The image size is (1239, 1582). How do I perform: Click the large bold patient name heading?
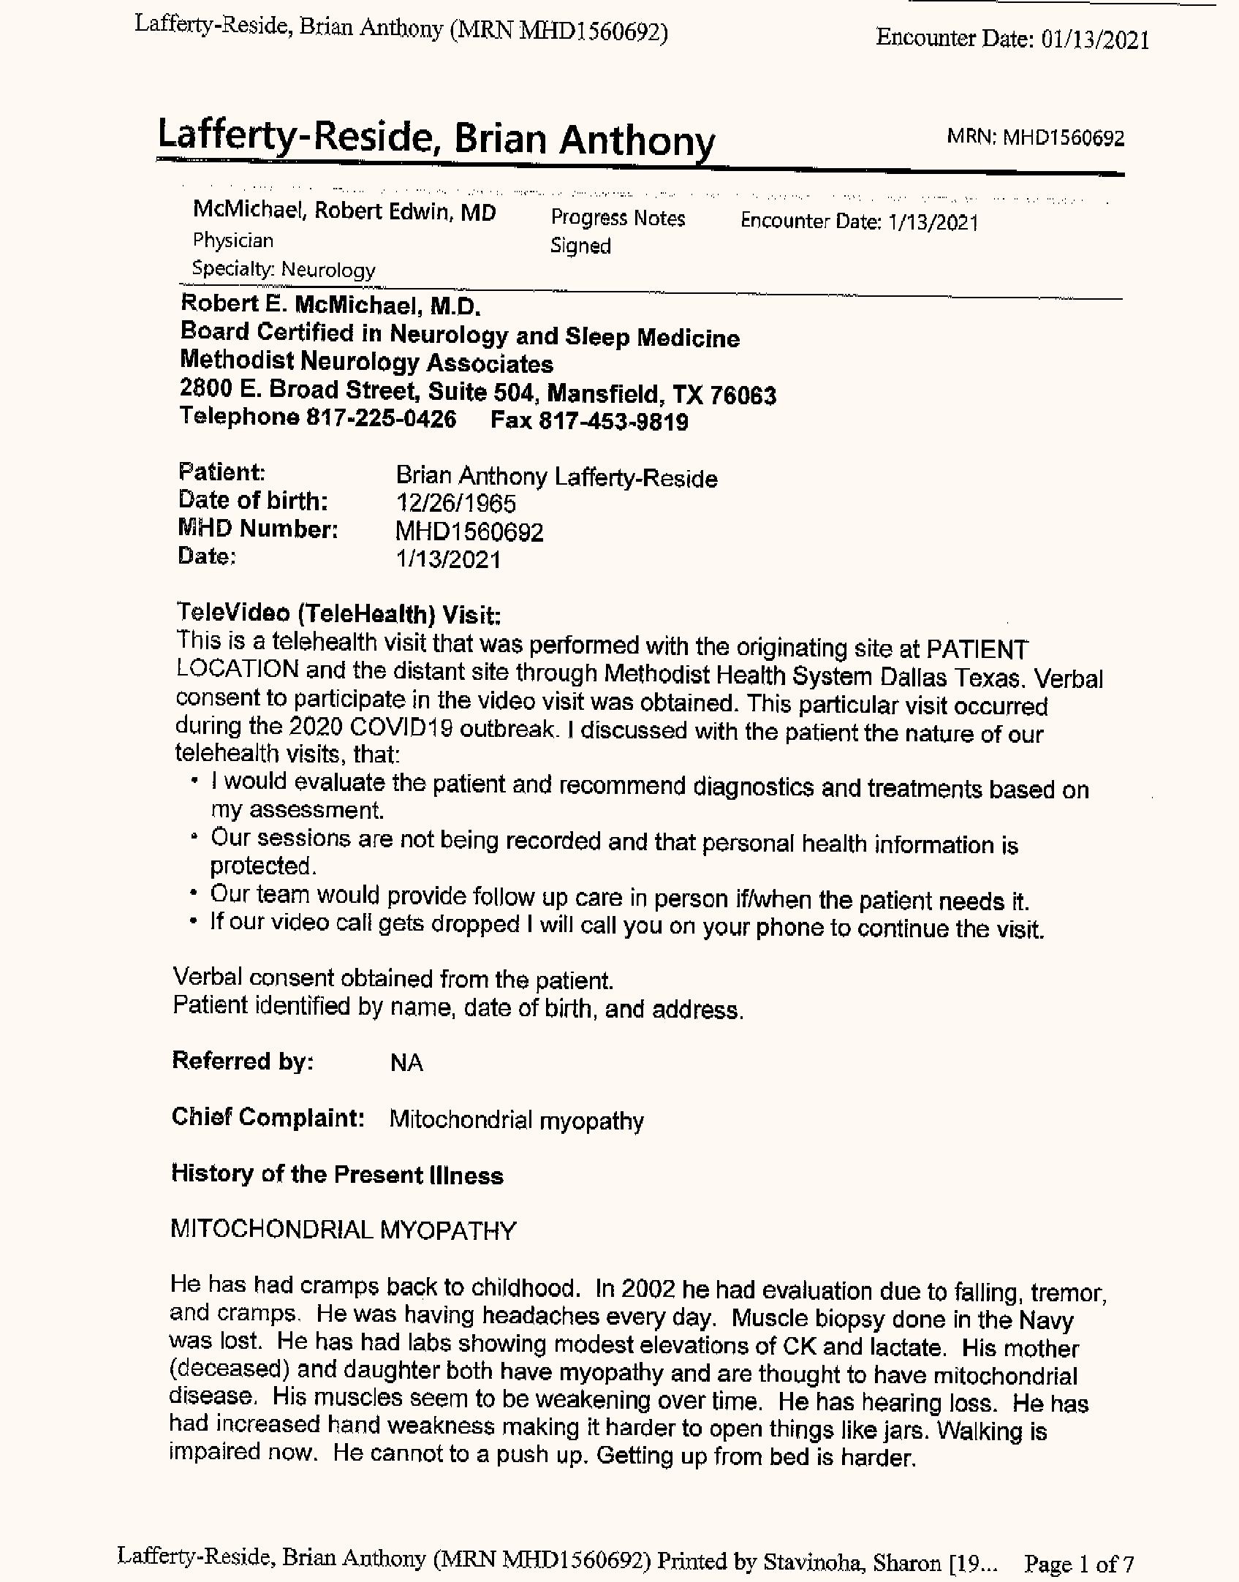click(x=436, y=139)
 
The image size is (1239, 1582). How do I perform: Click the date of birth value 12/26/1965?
click(x=455, y=504)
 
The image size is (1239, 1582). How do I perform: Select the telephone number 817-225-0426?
click(x=381, y=419)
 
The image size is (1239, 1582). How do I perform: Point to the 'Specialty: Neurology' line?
click(x=284, y=270)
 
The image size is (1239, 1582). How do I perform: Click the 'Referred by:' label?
click(x=243, y=1061)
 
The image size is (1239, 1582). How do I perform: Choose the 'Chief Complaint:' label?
click(x=268, y=1117)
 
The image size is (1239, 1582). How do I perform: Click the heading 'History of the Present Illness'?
click(x=337, y=1174)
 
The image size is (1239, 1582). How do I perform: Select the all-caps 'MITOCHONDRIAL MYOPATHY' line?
click(x=343, y=1230)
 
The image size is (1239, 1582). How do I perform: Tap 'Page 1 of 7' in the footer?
click(x=1078, y=1563)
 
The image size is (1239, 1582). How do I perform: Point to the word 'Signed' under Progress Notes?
click(x=580, y=246)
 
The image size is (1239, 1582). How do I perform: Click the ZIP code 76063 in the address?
click(x=743, y=395)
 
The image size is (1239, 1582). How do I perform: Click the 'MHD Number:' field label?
click(x=258, y=529)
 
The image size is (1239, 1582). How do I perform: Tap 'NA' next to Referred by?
click(x=406, y=1063)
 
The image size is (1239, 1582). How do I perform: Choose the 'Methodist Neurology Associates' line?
click(x=366, y=363)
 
